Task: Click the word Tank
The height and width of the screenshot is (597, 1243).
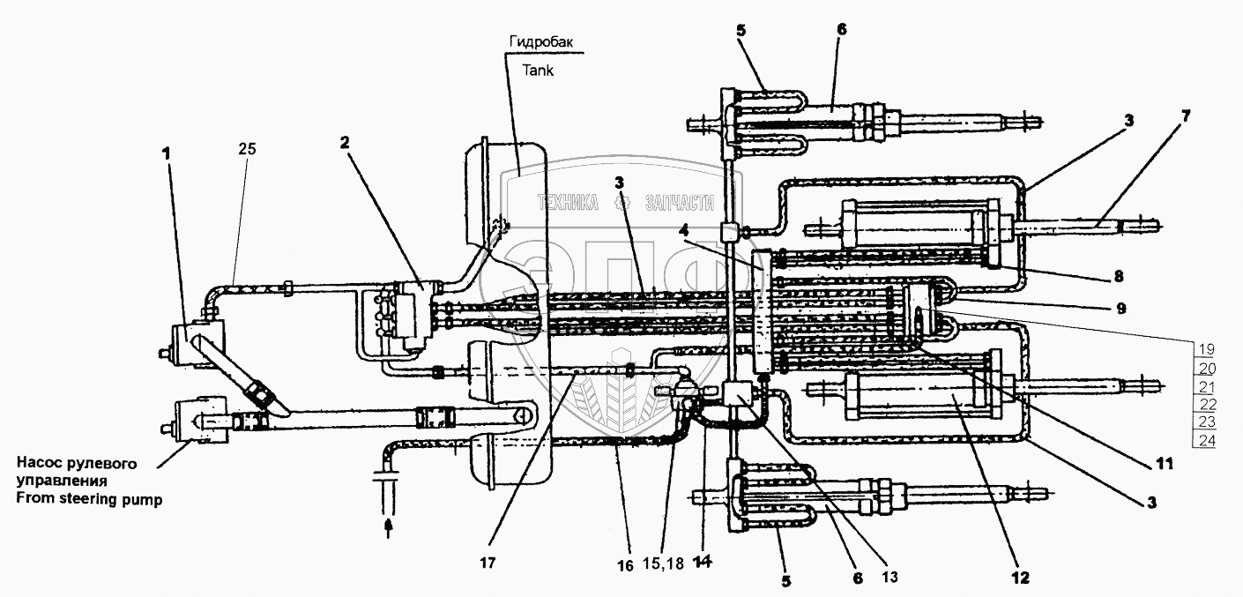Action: click(x=534, y=71)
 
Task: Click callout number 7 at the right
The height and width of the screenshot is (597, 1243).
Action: click(x=1161, y=116)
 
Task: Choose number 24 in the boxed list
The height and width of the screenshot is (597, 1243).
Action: click(x=1204, y=441)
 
